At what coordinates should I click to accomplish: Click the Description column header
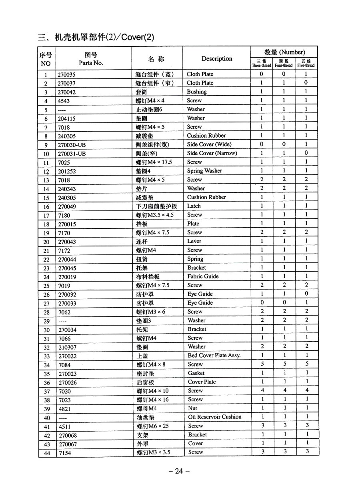coord(217,59)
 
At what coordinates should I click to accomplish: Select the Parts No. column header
coord(91,63)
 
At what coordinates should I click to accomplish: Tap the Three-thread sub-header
coord(261,64)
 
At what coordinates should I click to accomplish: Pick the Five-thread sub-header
coord(306,64)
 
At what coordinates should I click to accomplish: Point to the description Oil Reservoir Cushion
coord(214,417)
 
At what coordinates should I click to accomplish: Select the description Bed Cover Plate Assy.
coord(214,355)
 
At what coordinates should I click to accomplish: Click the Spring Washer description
coord(204,171)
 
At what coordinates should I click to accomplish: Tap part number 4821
coord(64,409)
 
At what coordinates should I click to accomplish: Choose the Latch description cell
coord(194,206)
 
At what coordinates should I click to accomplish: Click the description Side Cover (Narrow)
coord(212,153)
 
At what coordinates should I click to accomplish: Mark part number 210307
coord(67,347)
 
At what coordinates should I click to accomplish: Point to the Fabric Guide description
coord(203,276)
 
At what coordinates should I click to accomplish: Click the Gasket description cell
coord(196,373)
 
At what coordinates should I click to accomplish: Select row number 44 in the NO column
coord(47,453)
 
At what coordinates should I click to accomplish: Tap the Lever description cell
coord(194,241)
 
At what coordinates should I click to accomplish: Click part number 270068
coord(68,435)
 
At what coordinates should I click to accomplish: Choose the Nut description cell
coord(192,408)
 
